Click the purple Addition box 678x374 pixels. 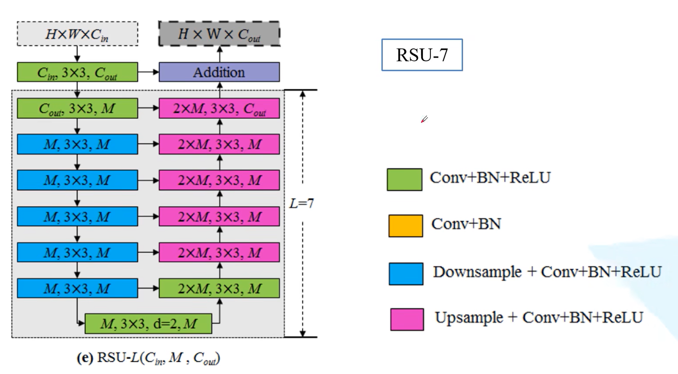tap(219, 72)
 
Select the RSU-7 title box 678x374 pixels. tap(422, 55)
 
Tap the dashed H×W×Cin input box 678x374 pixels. tap(77, 34)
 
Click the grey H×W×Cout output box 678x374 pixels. tap(219, 34)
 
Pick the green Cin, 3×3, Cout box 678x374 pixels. tap(77, 72)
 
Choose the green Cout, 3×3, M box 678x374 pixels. tap(77, 108)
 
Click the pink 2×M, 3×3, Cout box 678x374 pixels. tap(219, 108)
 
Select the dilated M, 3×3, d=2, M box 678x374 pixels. tap(148, 324)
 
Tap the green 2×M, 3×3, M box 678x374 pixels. tap(219, 288)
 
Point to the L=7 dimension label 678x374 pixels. tap(301, 203)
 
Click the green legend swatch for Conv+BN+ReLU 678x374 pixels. tap(404, 179)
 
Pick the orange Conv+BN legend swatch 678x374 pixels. tap(405, 226)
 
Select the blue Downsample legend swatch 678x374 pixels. tap(406, 274)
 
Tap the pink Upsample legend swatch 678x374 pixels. tap(407, 319)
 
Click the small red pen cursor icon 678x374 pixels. tap(424, 119)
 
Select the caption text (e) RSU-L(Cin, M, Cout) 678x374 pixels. tap(148, 358)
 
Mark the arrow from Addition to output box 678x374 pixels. tap(220, 54)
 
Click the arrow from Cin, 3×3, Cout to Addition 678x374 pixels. tap(148, 72)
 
